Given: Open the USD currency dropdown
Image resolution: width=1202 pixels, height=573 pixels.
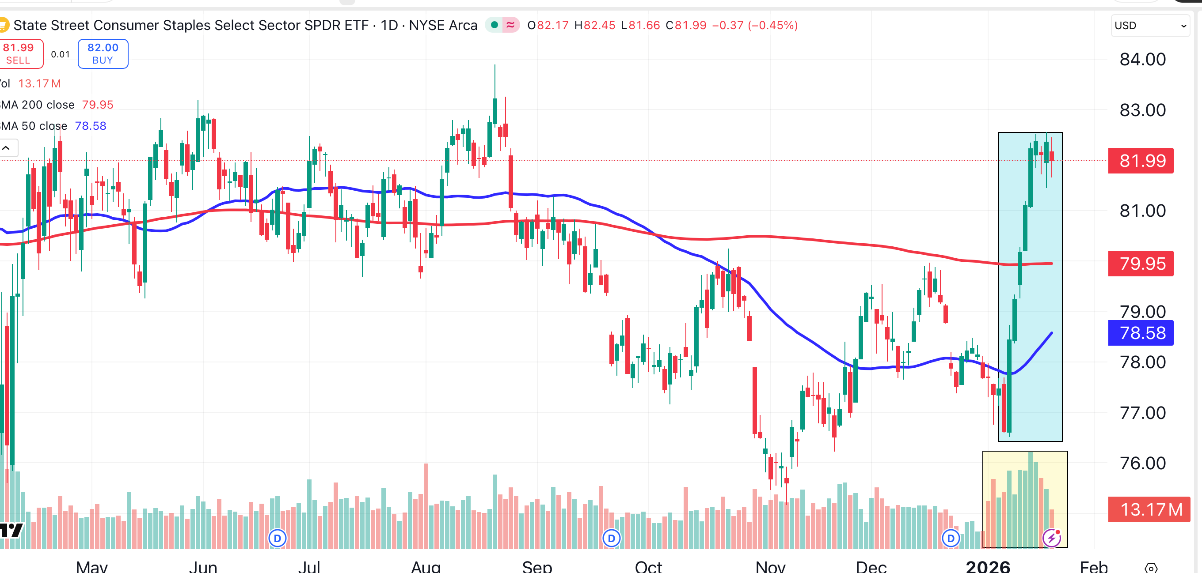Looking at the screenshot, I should click(x=1149, y=26).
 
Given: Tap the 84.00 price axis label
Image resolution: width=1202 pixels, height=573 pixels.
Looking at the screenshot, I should click(x=1142, y=60).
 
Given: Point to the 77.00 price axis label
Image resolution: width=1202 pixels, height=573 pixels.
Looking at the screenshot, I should click(x=1142, y=413).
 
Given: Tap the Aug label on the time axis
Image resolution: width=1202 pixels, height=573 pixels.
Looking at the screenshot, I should click(x=426, y=566).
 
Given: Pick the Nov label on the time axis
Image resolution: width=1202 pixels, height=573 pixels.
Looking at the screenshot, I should click(x=770, y=566).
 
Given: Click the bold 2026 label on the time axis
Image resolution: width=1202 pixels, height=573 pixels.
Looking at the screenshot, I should click(x=987, y=566).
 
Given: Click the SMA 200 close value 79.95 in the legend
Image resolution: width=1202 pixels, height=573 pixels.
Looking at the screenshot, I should click(x=98, y=105).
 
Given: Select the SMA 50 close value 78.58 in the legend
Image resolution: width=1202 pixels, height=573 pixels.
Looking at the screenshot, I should click(x=91, y=126).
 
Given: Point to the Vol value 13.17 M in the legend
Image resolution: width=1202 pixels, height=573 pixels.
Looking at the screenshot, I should click(x=40, y=84).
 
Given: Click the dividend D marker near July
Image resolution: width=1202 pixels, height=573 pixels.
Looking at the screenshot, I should click(x=277, y=539).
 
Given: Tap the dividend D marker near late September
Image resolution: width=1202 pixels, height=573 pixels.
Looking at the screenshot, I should click(x=611, y=539).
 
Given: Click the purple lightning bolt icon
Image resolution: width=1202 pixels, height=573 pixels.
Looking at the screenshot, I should click(x=1052, y=538).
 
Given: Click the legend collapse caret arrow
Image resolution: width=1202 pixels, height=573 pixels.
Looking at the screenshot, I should click(x=7, y=148).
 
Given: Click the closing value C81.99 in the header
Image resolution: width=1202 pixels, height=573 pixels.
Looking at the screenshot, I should click(x=686, y=25).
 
